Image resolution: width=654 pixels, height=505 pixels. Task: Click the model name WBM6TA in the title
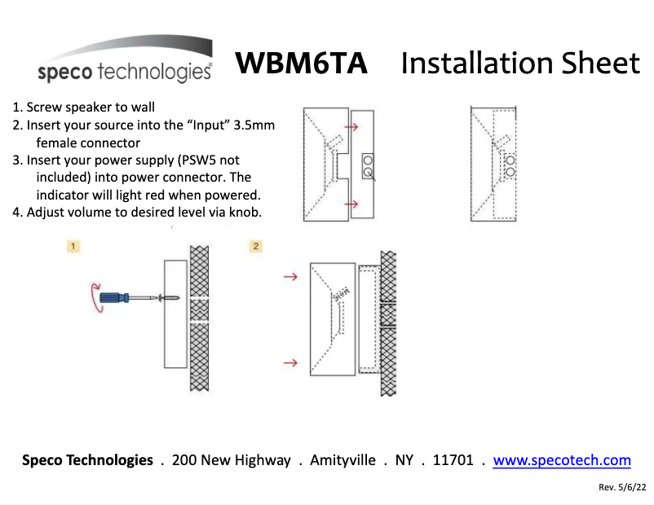click(301, 64)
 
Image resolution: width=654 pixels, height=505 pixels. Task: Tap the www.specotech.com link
click(562, 460)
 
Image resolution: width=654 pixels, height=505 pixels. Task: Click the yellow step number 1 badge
click(73, 246)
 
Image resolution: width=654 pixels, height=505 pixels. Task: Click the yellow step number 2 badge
click(255, 246)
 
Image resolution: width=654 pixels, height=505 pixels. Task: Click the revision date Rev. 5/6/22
click(622, 487)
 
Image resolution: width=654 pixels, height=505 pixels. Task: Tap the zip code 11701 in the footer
click(453, 460)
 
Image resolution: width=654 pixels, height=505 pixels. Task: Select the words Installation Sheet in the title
click(520, 64)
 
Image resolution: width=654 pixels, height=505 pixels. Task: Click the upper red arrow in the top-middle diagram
click(351, 126)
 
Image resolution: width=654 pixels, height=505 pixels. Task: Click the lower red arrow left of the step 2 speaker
click(289, 362)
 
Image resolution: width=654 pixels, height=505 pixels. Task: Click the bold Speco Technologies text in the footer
click(87, 460)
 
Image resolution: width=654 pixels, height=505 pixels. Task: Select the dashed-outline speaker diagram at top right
click(494, 165)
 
